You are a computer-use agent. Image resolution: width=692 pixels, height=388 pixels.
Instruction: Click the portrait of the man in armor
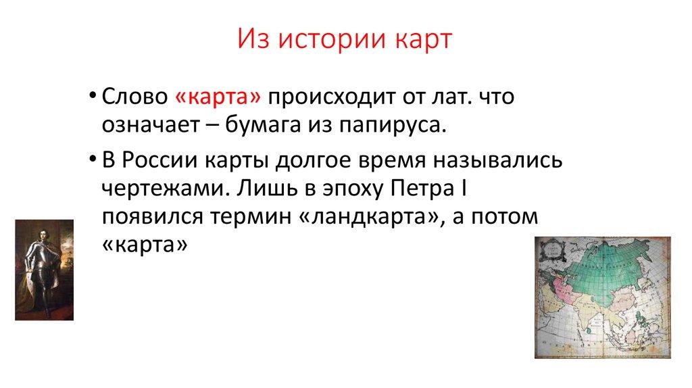pos(45,270)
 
